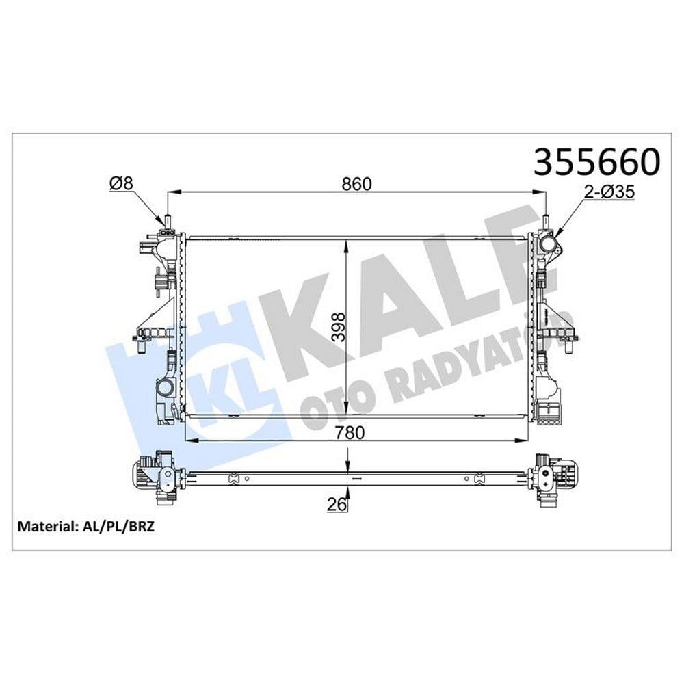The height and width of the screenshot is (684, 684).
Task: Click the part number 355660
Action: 597,161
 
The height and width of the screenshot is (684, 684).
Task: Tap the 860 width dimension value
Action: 357,184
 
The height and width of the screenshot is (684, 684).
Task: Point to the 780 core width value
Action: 350,432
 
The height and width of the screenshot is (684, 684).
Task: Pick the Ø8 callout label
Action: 121,183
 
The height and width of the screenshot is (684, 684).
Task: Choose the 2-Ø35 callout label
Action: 609,192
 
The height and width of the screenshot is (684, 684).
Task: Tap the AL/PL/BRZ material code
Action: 118,527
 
